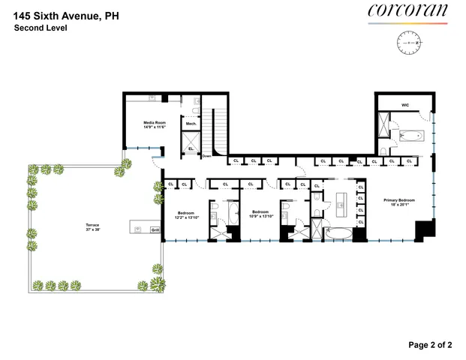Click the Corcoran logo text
407,10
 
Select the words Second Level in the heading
41,28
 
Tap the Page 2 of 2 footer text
431,345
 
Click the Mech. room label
191,124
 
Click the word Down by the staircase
206,156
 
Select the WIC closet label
404,106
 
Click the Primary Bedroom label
399,200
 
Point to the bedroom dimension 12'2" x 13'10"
186,218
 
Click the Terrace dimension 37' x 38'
92,229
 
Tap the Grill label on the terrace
155,230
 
